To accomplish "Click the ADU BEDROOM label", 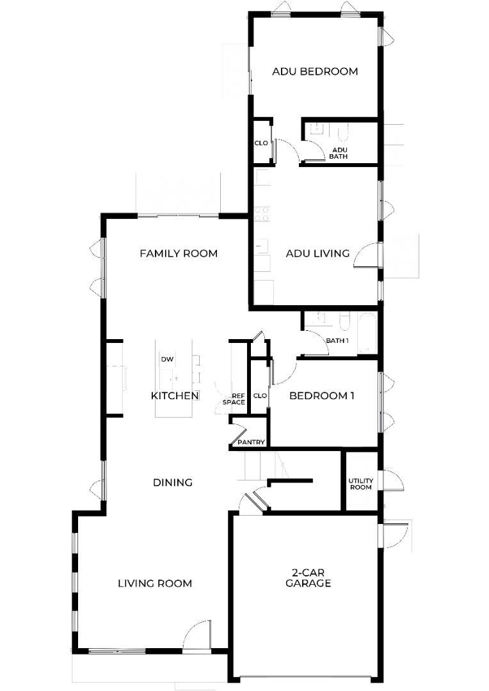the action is (315, 72).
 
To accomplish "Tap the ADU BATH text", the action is (339, 153).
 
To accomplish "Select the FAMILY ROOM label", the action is (179, 253).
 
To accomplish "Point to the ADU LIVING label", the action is (317, 253).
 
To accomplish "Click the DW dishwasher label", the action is (167, 359).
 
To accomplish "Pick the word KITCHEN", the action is (175, 396).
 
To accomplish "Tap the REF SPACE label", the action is (234, 399).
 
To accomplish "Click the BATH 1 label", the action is (337, 340).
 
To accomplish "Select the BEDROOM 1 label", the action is (321, 396).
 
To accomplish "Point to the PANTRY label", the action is (251, 442).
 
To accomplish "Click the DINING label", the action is (173, 482).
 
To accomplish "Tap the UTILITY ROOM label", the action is (361, 484).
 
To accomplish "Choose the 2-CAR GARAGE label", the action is (309, 578).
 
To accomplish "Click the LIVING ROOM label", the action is (155, 584).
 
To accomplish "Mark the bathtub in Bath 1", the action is (367, 333).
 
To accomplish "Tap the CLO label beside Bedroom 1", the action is (260, 396).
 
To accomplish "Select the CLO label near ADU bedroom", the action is (261, 143).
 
